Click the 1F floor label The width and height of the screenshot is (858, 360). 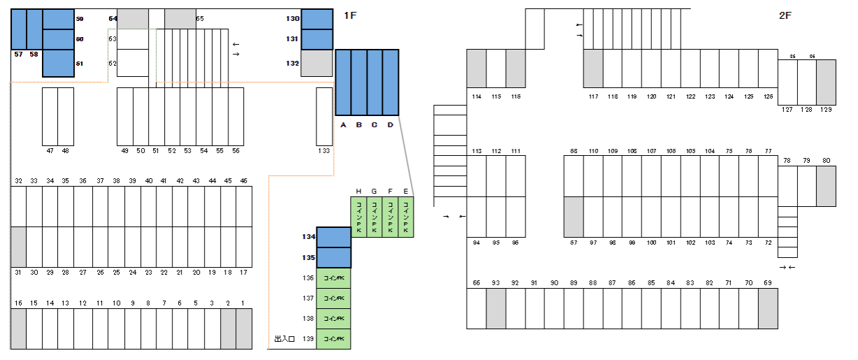pyautogui.click(x=351, y=15)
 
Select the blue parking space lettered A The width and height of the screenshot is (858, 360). pyautogui.click(x=343, y=82)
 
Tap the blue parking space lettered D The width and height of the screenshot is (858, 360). pyautogui.click(x=391, y=82)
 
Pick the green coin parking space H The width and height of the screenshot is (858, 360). pyautogui.click(x=358, y=217)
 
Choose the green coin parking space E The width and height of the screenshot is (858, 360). pyautogui.click(x=406, y=217)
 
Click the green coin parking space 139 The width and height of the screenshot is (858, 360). pyautogui.click(x=334, y=339)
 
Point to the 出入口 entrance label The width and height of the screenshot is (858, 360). pyautogui.click(x=284, y=339)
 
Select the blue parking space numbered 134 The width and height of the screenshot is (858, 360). pyautogui.click(x=334, y=237)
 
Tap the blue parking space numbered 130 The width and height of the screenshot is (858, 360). pyautogui.click(x=317, y=19)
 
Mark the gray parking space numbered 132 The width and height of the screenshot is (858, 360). pyautogui.click(x=317, y=63)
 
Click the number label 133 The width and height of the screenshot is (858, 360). pyautogui.click(x=324, y=150)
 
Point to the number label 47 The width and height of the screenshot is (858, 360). pyautogui.click(x=50, y=150)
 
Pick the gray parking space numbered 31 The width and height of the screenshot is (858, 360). pyautogui.click(x=18, y=247)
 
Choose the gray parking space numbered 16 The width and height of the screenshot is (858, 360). pyautogui.click(x=18, y=329)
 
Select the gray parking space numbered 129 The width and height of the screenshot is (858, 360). pyautogui.click(x=826, y=82)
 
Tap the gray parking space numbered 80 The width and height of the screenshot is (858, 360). pyautogui.click(x=826, y=186)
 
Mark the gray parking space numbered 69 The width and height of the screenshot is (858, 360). pyautogui.click(x=767, y=308)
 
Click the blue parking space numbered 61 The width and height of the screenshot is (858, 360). pyautogui.click(x=58, y=63)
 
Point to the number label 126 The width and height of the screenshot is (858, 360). pyautogui.click(x=768, y=96)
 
